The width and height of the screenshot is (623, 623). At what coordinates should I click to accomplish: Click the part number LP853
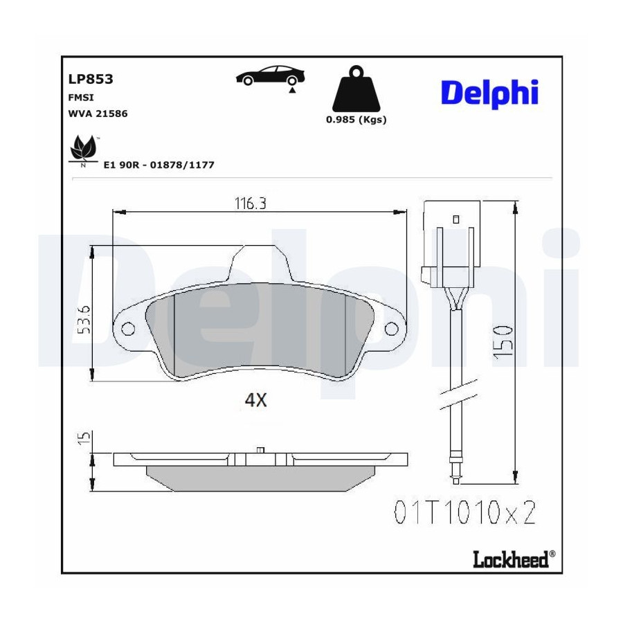[91, 79]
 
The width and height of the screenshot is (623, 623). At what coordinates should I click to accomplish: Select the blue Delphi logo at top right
[489, 93]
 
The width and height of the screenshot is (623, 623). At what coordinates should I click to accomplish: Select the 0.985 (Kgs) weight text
[356, 120]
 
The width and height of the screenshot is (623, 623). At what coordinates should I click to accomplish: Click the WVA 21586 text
[98, 114]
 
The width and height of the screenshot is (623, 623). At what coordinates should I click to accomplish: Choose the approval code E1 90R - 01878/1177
[159, 165]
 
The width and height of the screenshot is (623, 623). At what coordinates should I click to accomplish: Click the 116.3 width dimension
[251, 203]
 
